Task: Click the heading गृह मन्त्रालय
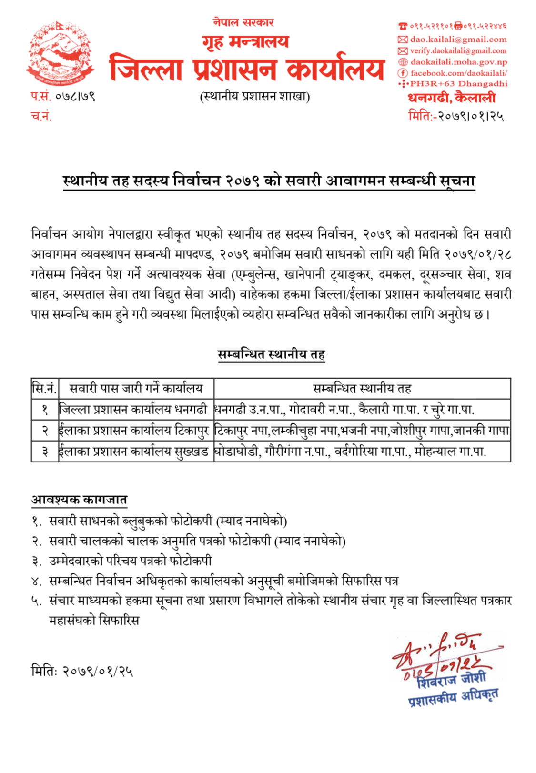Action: click(245, 42)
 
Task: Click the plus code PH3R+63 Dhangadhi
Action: click(458, 84)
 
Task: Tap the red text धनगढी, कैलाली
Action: click(451, 98)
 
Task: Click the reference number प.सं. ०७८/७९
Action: click(63, 96)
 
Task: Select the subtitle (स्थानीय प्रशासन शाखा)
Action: click(254, 97)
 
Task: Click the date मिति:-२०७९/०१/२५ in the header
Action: click(456, 116)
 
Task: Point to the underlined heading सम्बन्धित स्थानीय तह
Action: click(271, 355)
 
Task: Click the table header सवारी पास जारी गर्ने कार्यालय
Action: click(136, 389)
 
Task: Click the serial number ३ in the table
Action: click(45, 452)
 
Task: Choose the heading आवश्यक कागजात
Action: click(79, 500)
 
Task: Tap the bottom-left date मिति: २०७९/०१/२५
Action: click(82, 671)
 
